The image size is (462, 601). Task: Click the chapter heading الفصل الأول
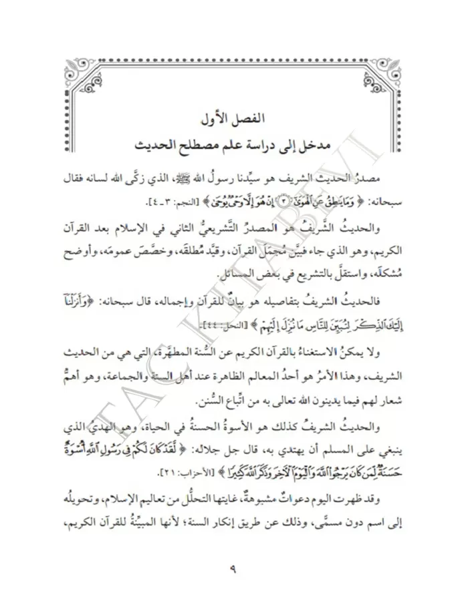230,120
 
